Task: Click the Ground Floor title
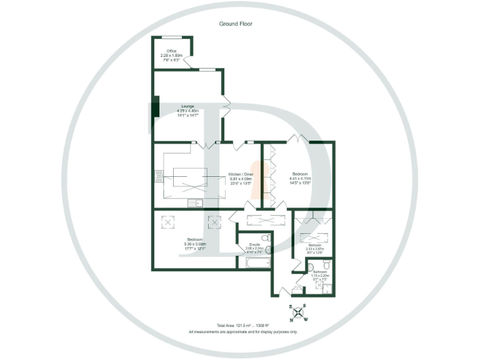tap(236, 24)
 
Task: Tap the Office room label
tap(171, 51)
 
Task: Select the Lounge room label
tap(187, 107)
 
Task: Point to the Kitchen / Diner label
tap(241, 173)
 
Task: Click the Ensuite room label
tap(254, 244)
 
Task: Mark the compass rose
tap(297, 313)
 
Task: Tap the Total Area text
tap(243, 326)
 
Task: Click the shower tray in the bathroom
tap(324, 288)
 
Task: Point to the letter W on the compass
tap(306, 319)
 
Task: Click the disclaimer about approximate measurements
tap(243, 332)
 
